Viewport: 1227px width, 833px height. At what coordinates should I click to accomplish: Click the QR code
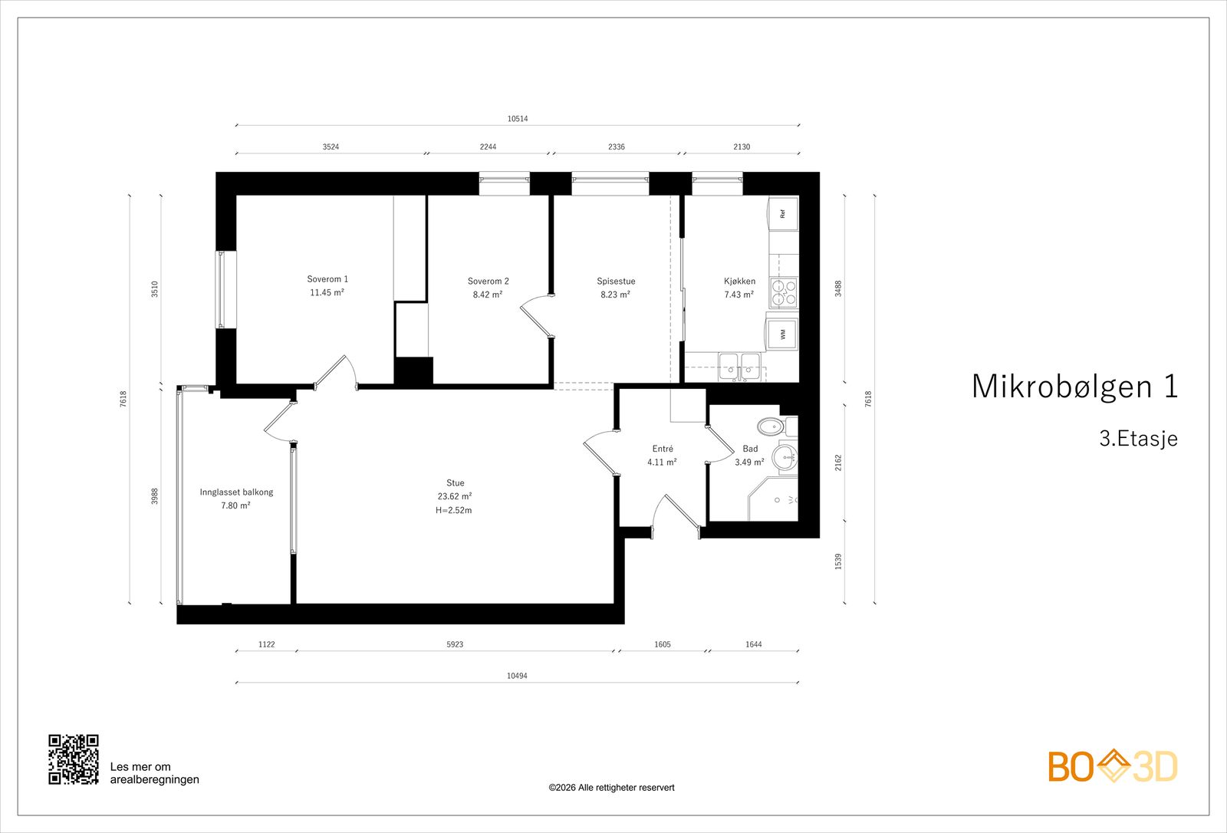[74, 759]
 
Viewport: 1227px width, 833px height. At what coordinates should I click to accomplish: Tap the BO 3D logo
[1113, 766]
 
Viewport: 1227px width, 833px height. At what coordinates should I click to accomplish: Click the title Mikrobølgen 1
[1074, 387]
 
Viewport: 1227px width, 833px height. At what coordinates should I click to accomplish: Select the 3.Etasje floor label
[1138, 439]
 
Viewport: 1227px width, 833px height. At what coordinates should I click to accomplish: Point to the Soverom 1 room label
[327, 279]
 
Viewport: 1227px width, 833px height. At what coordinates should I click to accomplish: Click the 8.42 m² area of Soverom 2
[488, 295]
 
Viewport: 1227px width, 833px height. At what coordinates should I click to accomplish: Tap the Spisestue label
[617, 282]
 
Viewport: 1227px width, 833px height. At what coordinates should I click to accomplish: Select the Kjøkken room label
[739, 282]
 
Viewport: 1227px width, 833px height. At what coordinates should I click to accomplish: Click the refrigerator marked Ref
[783, 214]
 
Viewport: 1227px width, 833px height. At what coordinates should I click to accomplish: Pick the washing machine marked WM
[783, 334]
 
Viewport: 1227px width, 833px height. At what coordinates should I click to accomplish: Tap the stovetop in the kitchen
[784, 293]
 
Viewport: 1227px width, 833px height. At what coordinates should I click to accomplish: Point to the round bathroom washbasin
[785, 456]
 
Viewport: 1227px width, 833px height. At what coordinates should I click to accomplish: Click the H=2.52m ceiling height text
[453, 510]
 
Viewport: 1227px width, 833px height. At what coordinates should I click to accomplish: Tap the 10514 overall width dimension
[518, 118]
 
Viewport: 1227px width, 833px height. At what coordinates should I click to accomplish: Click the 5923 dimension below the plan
[455, 644]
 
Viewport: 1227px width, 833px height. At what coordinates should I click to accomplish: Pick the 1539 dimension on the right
[838, 561]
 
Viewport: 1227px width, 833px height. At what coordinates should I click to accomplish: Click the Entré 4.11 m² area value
[662, 462]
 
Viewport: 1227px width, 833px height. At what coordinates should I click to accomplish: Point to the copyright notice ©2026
[611, 788]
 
